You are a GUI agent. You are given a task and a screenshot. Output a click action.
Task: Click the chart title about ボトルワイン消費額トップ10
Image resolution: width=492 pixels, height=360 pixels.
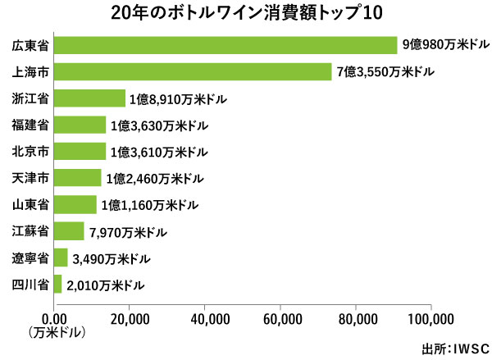(245, 14)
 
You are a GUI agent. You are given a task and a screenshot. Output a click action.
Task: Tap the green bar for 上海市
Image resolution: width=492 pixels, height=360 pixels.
(193, 72)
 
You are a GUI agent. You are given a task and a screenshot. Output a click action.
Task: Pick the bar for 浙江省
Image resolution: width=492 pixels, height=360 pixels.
(89, 99)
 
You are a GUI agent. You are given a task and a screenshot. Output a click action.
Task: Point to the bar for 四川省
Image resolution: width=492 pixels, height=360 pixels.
(57, 285)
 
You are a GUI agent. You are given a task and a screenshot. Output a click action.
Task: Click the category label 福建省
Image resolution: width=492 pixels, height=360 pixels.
(30, 125)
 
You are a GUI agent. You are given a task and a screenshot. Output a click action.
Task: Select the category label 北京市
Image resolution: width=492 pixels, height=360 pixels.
(30, 152)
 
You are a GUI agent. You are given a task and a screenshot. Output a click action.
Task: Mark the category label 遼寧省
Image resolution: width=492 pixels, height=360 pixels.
(30, 258)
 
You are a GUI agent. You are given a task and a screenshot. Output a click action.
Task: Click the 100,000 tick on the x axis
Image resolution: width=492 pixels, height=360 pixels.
(430, 319)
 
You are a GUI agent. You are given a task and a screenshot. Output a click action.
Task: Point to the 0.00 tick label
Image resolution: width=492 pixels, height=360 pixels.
(54, 319)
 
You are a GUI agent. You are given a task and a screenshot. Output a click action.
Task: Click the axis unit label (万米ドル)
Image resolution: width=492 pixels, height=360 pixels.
(56, 333)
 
